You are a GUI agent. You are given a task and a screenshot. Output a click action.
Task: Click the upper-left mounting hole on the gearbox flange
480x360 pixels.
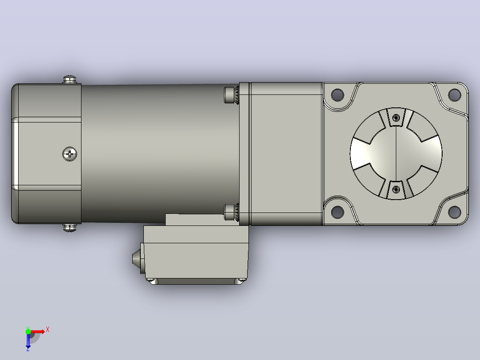click(338, 95)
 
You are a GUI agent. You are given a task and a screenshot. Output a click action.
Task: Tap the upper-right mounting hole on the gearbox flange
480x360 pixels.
click(454, 95)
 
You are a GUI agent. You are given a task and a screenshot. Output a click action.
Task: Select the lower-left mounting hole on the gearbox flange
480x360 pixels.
click(338, 212)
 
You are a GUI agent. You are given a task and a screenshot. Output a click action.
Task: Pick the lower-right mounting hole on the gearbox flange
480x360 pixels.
click(454, 212)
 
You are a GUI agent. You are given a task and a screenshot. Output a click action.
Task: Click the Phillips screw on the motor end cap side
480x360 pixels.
click(70, 154)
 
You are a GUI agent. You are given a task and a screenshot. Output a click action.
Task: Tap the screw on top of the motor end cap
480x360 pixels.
click(69, 80)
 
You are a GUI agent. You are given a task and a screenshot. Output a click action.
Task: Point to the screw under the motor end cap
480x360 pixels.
click(69, 228)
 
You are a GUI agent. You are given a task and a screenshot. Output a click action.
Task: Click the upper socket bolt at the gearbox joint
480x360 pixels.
click(231, 95)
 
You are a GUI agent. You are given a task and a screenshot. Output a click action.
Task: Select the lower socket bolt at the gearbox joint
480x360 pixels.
click(231, 213)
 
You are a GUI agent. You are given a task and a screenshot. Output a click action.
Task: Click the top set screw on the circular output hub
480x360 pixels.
click(396, 118)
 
